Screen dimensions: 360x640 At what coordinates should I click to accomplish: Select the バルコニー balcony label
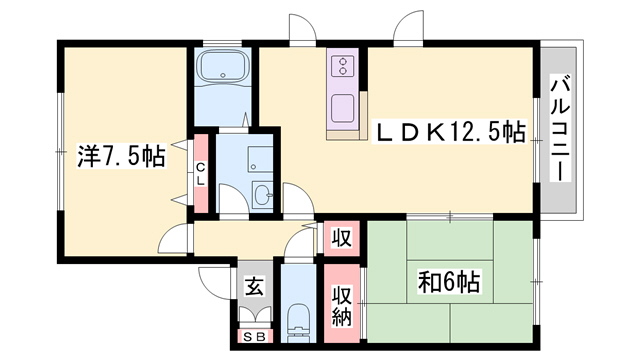point(560,130)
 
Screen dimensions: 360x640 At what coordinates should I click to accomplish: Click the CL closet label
point(201,173)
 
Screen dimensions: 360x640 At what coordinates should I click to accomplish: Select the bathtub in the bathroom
point(224,67)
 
